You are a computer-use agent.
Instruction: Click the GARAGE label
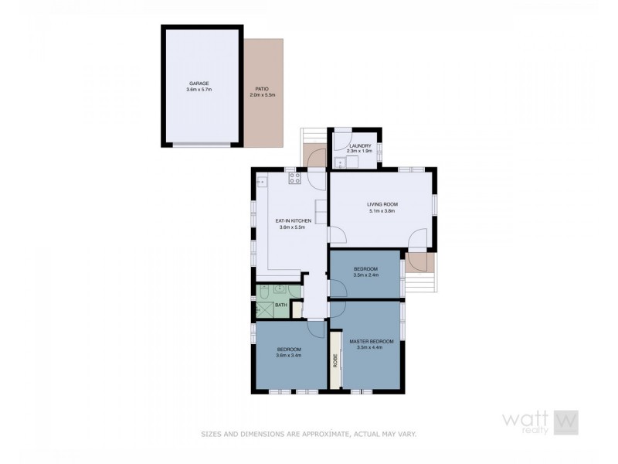pos(199,84)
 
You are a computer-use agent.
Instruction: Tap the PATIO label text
pos(263,88)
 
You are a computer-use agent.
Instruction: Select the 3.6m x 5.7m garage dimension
pos(199,90)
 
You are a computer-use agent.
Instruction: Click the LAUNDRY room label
pos(361,145)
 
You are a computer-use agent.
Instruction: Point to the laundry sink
pos(340,162)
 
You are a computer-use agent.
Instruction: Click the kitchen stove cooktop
pos(294,179)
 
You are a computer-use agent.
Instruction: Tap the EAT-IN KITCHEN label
pos(294,221)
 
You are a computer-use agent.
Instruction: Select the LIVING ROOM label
pos(382,204)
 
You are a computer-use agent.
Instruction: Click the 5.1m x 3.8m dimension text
pos(382,211)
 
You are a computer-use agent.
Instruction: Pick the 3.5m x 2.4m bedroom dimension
pos(365,275)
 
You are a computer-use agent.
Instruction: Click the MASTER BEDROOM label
pos(372,341)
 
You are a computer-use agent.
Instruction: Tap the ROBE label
pos(335,360)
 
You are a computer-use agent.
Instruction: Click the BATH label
pos(280,305)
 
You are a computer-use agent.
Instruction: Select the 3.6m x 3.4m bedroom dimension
pos(289,356)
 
